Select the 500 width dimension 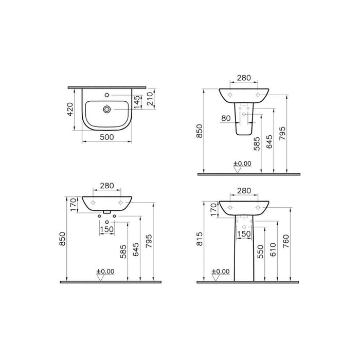[x=107, y=138]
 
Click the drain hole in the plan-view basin [x=107, y=110]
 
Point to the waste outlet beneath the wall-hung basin [x=107, y=212]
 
